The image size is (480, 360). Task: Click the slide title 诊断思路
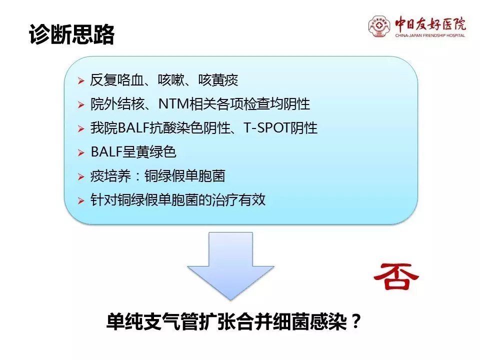click(x=71, y=34)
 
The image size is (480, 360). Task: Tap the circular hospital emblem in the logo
click(x=379, y=26)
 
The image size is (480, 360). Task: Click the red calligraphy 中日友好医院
click(x=430, y=24)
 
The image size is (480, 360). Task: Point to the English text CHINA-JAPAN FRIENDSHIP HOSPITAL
click(x=430, y=35)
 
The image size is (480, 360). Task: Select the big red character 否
click(x=396, y=276)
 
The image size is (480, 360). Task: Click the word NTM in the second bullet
click(x=173, y=104)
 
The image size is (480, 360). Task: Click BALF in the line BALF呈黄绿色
click(x=106, y=152)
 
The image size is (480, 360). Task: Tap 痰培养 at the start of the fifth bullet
click(x=110, y=176)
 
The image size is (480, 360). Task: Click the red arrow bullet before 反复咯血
click(x=81, y=81)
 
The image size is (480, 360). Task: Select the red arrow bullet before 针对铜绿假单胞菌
click(x=81, y=201)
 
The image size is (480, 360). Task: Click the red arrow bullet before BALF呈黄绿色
click(x=81, y=153)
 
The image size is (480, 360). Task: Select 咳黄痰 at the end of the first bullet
click(x=218, y=80)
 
